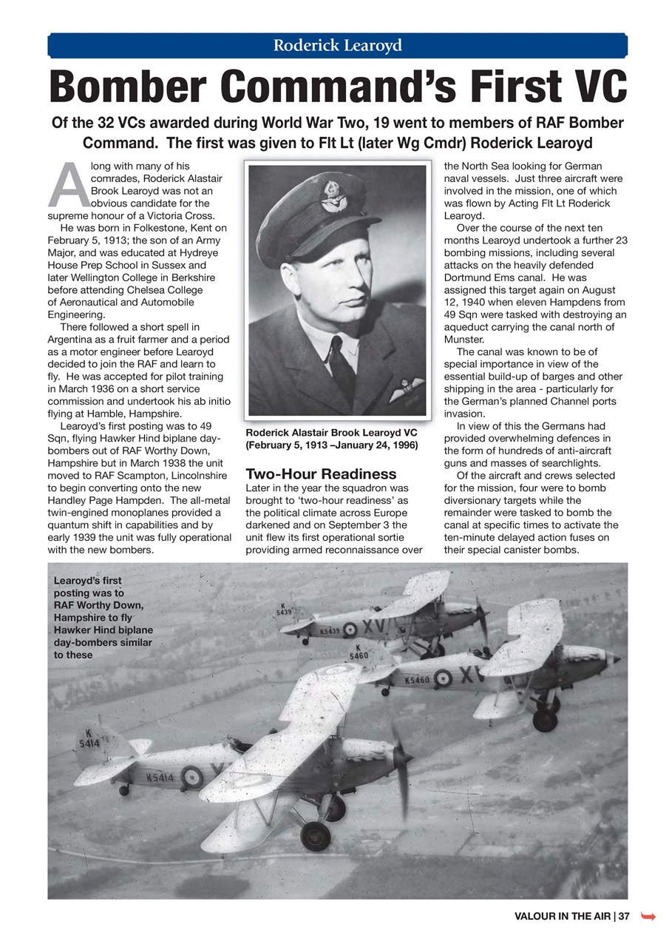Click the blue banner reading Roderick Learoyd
pos(338,46)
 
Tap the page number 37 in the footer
pos(624,917)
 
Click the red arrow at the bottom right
pos(649,917)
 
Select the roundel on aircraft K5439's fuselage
pos(350,630)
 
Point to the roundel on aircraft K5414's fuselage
pos(191,777)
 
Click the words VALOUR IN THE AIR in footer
pos(562,917)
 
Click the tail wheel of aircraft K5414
pos(123,791)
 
